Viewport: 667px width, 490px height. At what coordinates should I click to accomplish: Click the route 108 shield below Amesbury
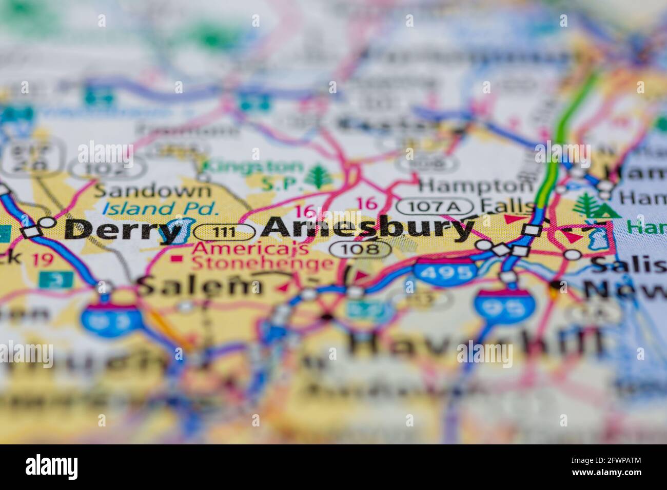[361, 250]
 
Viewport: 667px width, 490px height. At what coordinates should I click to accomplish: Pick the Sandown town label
[153, 191]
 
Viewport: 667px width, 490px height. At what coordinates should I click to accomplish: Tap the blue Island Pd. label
[160, 209]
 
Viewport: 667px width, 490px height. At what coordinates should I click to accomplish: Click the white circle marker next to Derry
[47, 222]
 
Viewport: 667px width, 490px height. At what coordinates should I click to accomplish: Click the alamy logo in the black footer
[51, 467]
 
